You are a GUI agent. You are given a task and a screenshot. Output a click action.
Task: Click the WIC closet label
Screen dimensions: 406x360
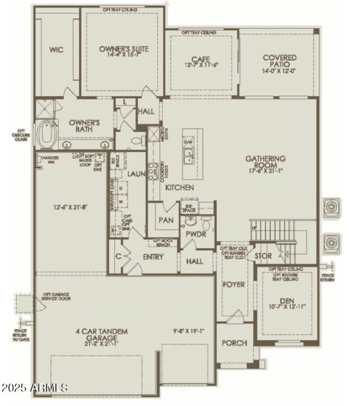click(56, 50)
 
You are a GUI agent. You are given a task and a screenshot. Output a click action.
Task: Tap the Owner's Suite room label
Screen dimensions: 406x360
click(117, 49)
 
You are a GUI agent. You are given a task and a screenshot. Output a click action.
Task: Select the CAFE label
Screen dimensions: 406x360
click(201, 59)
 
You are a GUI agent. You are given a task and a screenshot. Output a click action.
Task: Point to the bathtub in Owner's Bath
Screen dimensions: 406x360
click(46, 134)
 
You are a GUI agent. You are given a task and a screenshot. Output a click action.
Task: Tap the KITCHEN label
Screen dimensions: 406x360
click(179, 187)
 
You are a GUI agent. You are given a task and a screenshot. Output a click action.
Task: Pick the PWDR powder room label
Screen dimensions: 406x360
click(193, 235)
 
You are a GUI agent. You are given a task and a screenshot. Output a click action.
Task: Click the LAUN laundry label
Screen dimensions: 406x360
click(135, 173)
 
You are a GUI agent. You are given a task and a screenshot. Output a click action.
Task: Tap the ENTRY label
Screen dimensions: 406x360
click(153, 257)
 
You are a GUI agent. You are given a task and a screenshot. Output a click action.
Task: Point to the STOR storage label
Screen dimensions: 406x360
click(263, 256)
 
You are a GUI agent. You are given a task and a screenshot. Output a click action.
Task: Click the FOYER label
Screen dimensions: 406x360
click(234, 284)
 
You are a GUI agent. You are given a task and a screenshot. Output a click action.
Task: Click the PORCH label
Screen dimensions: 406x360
click(234, 343)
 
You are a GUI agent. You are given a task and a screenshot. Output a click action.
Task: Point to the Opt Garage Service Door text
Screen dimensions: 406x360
click(56, 296)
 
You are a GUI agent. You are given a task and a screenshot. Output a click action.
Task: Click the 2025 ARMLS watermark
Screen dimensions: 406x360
click(35, 387)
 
